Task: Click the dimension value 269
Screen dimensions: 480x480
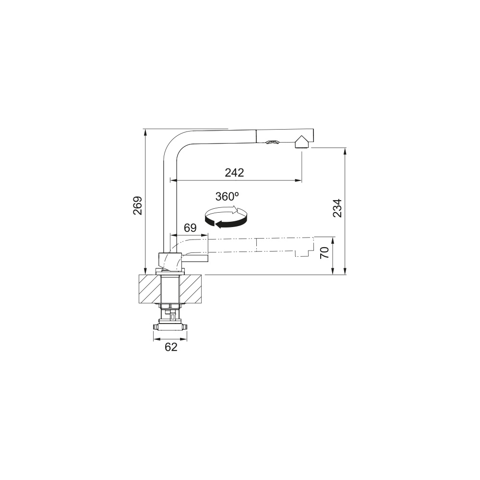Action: pyautogui.click(x=137, y=205)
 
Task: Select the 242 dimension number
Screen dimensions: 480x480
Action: pyautogui.click(x=235, y=173)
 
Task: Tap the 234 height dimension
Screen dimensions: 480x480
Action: pyautogui.click(x=337, y=208)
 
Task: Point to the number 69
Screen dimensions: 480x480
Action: pyautogui.click(x=190, y=228)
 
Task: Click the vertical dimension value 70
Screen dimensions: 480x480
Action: pyautogui.click(x=324, y=252)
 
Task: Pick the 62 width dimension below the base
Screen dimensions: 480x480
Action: pyautogui.click(x=171, y=347)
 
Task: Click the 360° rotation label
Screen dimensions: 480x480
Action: pyautogui.click(x=227, y=196)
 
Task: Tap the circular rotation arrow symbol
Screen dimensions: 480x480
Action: pyautogui.click(x=226, y=217)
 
